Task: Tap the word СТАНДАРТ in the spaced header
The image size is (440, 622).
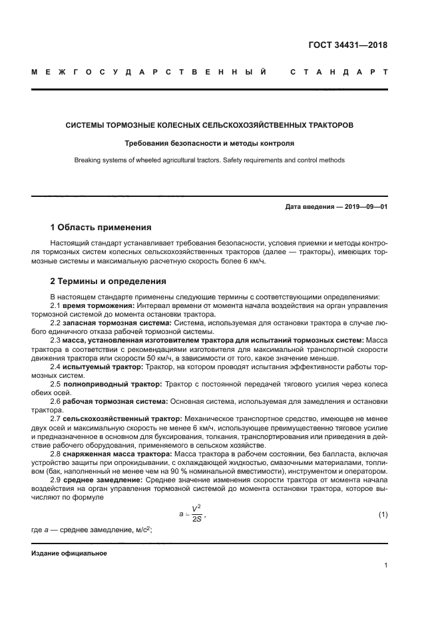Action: tap(339, 72)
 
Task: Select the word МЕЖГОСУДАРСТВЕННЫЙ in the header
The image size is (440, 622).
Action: tap(150, 72)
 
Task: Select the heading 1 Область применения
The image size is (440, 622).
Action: tap(101, 228)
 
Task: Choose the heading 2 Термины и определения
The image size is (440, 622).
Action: tap(109, 281)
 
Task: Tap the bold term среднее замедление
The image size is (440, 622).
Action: tap(101, 479)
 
